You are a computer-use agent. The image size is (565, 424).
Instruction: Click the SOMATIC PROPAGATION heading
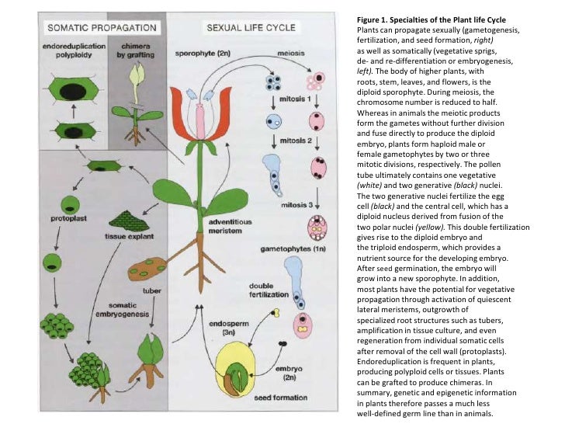point(103,28)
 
